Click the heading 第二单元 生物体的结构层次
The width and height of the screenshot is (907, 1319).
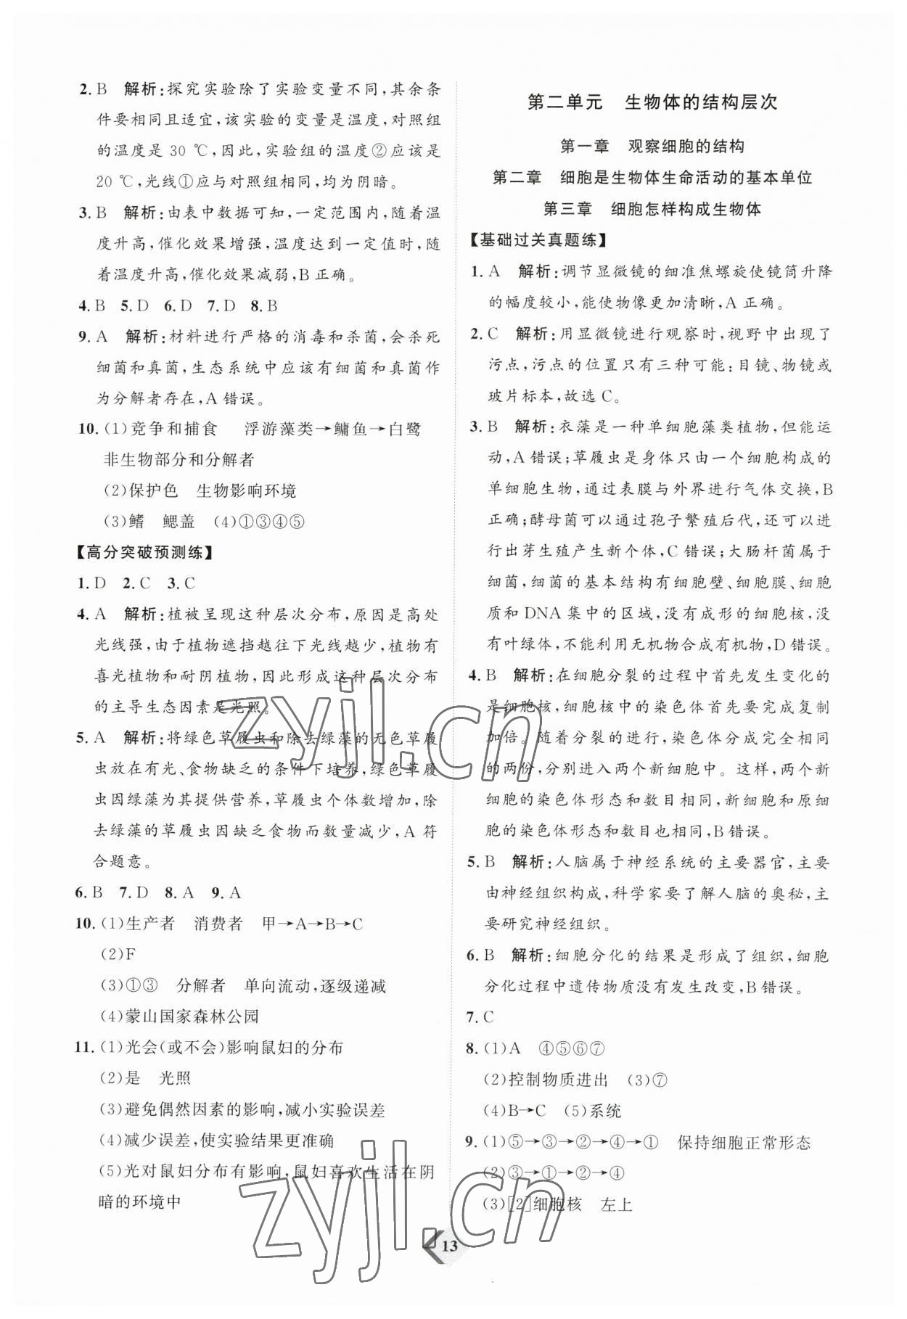click(652, 102)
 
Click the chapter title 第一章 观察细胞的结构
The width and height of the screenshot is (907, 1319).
click(652, 147)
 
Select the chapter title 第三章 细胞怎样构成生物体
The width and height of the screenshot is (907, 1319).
click(652, 209)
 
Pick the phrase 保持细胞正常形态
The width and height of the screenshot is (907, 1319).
click(744, 1143)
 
